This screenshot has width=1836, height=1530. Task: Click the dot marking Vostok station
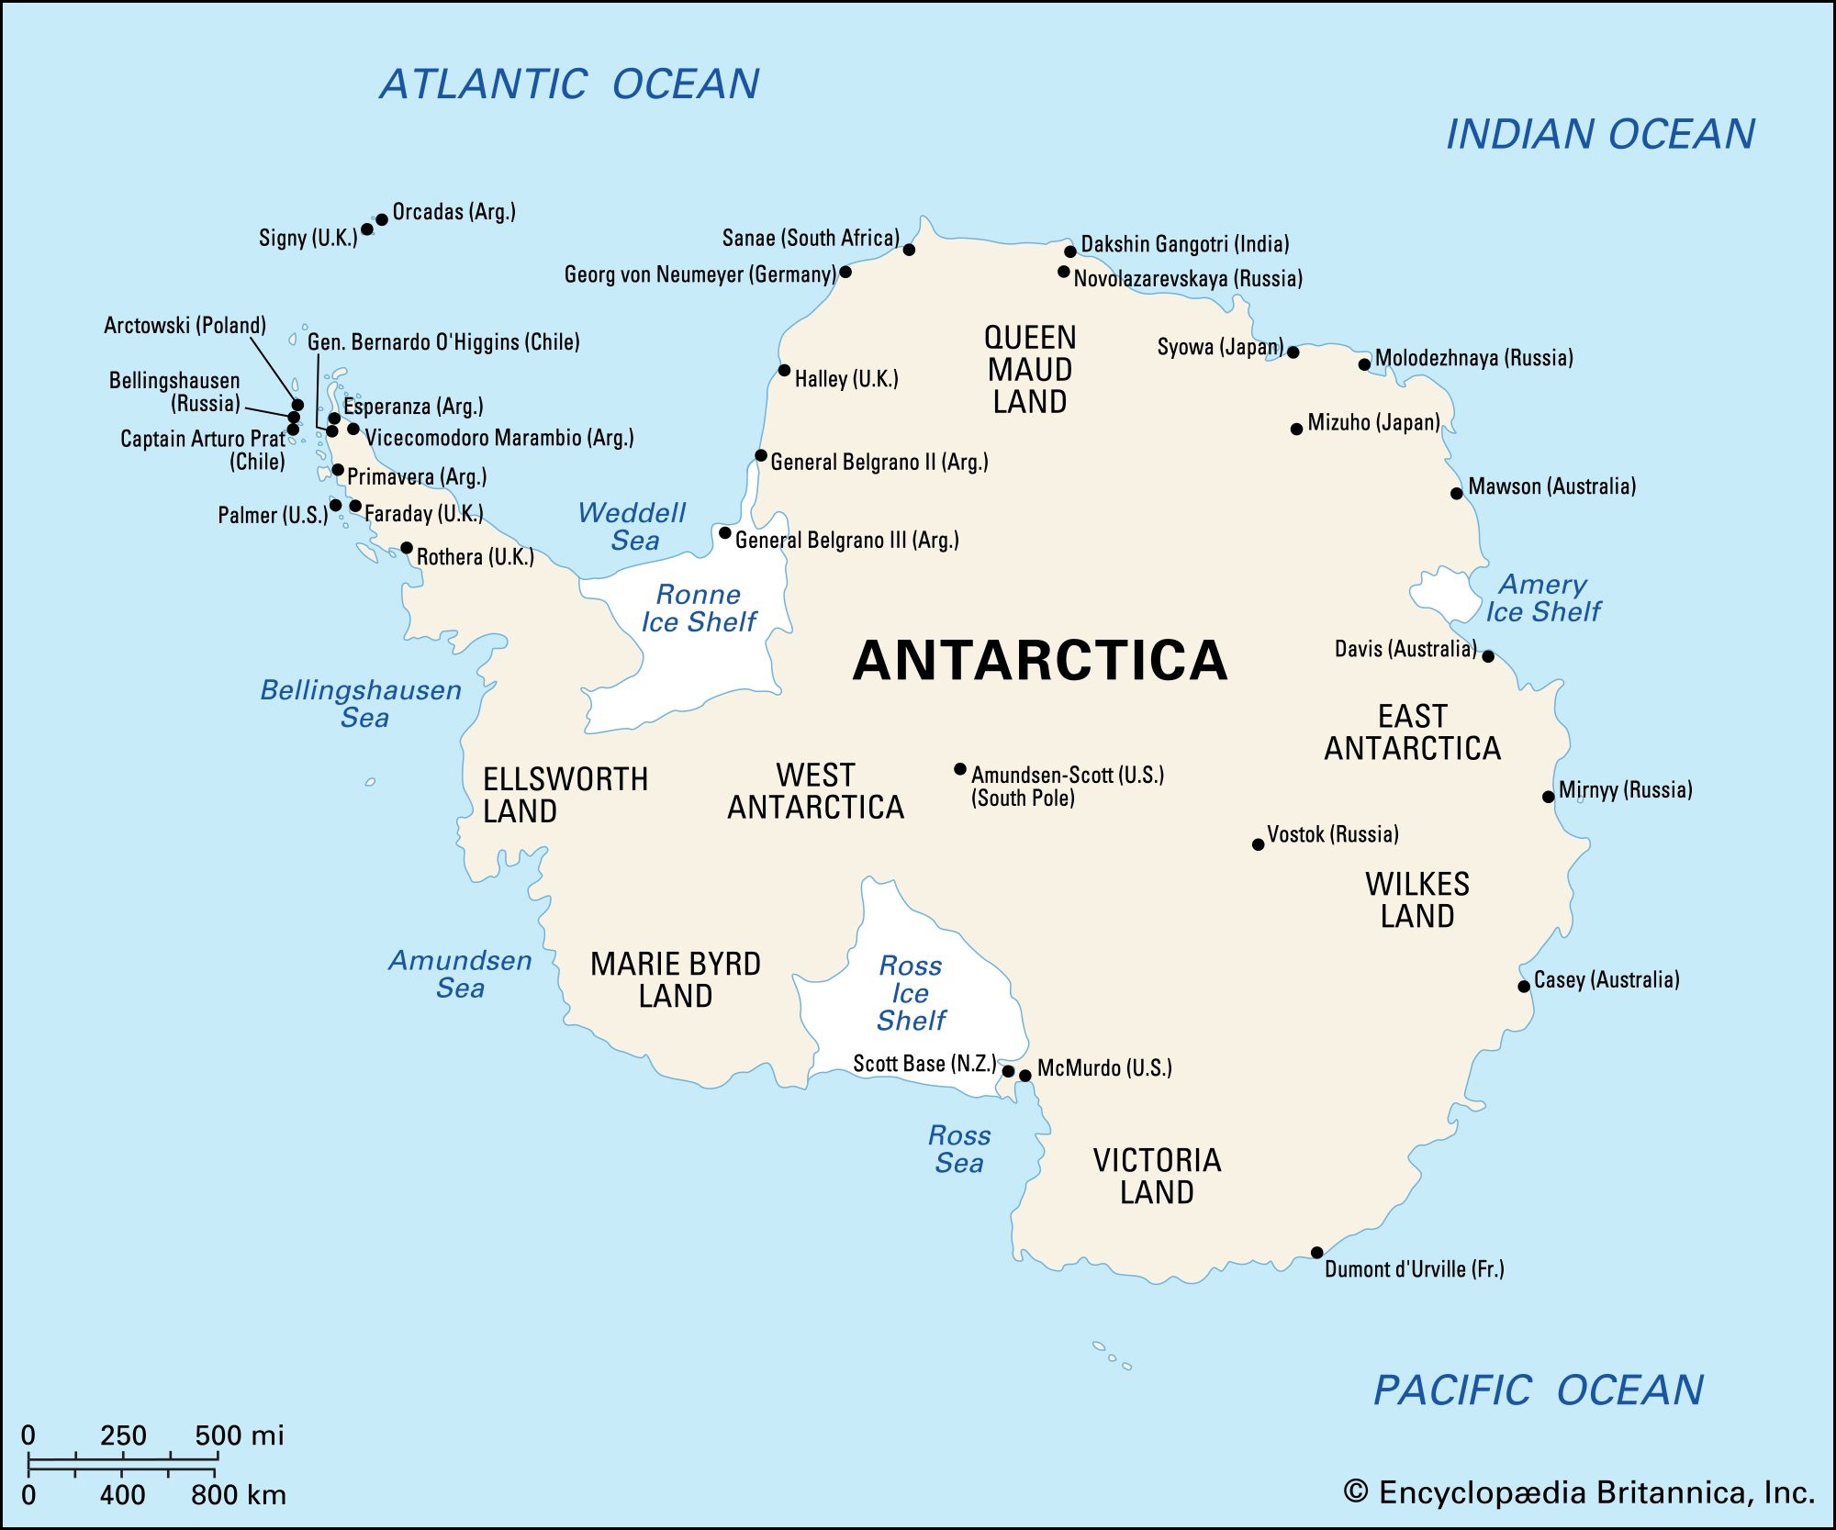1258,844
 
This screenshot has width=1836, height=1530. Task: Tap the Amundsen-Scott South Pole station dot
959,769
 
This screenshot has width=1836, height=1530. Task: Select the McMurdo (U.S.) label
1104,1067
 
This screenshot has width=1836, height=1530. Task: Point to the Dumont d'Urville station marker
1316,1253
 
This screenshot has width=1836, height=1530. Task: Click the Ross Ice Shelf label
911,993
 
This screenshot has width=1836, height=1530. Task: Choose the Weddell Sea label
633,526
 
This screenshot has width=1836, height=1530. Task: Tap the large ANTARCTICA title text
1039,661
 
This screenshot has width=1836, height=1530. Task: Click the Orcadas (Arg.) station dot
382,220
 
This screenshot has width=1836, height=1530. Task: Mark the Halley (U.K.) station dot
784,371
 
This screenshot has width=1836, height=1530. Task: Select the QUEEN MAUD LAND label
1030,370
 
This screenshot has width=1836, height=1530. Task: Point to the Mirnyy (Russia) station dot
1548,797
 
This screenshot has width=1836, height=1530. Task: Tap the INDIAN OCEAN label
1600,135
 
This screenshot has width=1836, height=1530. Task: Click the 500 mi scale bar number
239,1435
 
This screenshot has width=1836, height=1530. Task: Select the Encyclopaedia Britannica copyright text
1579,1492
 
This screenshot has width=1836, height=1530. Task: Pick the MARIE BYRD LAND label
676,980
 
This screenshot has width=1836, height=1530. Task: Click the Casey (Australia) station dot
1524,987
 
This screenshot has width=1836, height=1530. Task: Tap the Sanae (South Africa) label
811,239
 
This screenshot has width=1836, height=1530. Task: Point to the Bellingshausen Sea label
362,703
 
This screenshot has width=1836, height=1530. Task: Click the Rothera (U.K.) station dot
407,548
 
